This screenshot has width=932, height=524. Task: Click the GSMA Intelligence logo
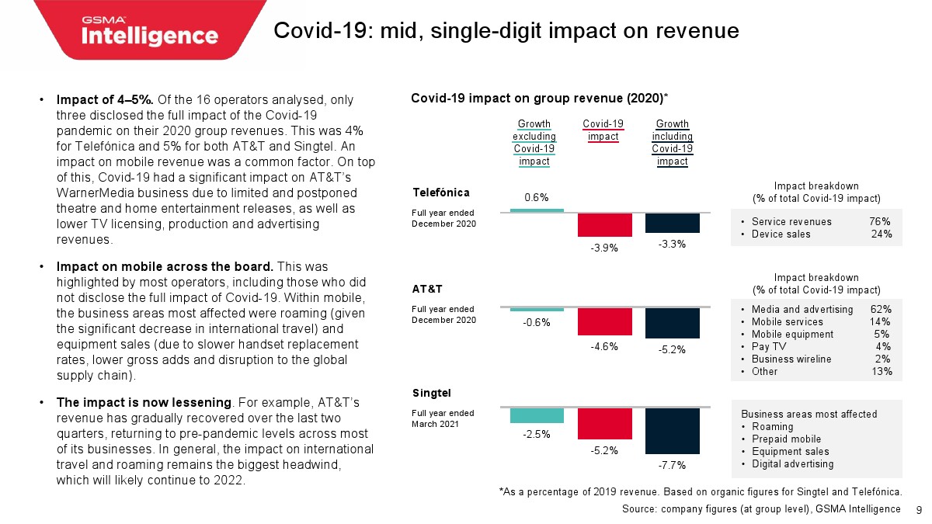[150, 31]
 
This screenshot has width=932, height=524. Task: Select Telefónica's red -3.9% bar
[604, 224]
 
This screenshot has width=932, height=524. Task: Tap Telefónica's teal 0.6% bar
[537, 210]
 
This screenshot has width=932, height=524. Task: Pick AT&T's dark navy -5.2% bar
[672, 323]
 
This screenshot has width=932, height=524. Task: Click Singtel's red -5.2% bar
[604, 423]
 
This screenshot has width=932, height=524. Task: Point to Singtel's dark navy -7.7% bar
[672, 430]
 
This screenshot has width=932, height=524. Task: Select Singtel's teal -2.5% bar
[537, 415]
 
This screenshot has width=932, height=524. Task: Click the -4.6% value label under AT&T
[603, 347]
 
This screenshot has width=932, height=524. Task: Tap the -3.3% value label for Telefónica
[672, 245]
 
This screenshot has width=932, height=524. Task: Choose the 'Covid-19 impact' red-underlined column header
[603, 130]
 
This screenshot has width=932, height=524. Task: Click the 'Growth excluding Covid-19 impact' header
[534, 143]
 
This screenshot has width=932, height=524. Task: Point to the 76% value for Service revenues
[880, 221]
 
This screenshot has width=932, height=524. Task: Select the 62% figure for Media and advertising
[880, 309]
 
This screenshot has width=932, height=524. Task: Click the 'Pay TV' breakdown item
[768, 346]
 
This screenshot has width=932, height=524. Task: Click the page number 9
[919, 509]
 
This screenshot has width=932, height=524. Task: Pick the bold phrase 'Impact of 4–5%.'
[99, 99]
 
